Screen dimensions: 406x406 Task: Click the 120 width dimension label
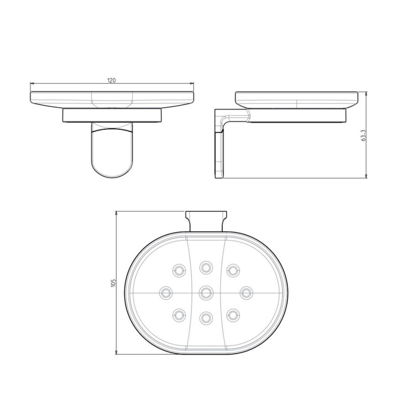[111, 80]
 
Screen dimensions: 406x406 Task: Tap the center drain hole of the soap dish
[206, 292]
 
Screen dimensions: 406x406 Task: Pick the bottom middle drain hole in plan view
[206, 317]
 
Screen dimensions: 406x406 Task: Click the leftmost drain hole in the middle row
[166, 292]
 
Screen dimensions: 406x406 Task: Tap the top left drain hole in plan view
[179, 270]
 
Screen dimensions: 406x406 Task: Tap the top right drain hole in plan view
[233, 270]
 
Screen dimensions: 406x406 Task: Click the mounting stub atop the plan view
[206, 219]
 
